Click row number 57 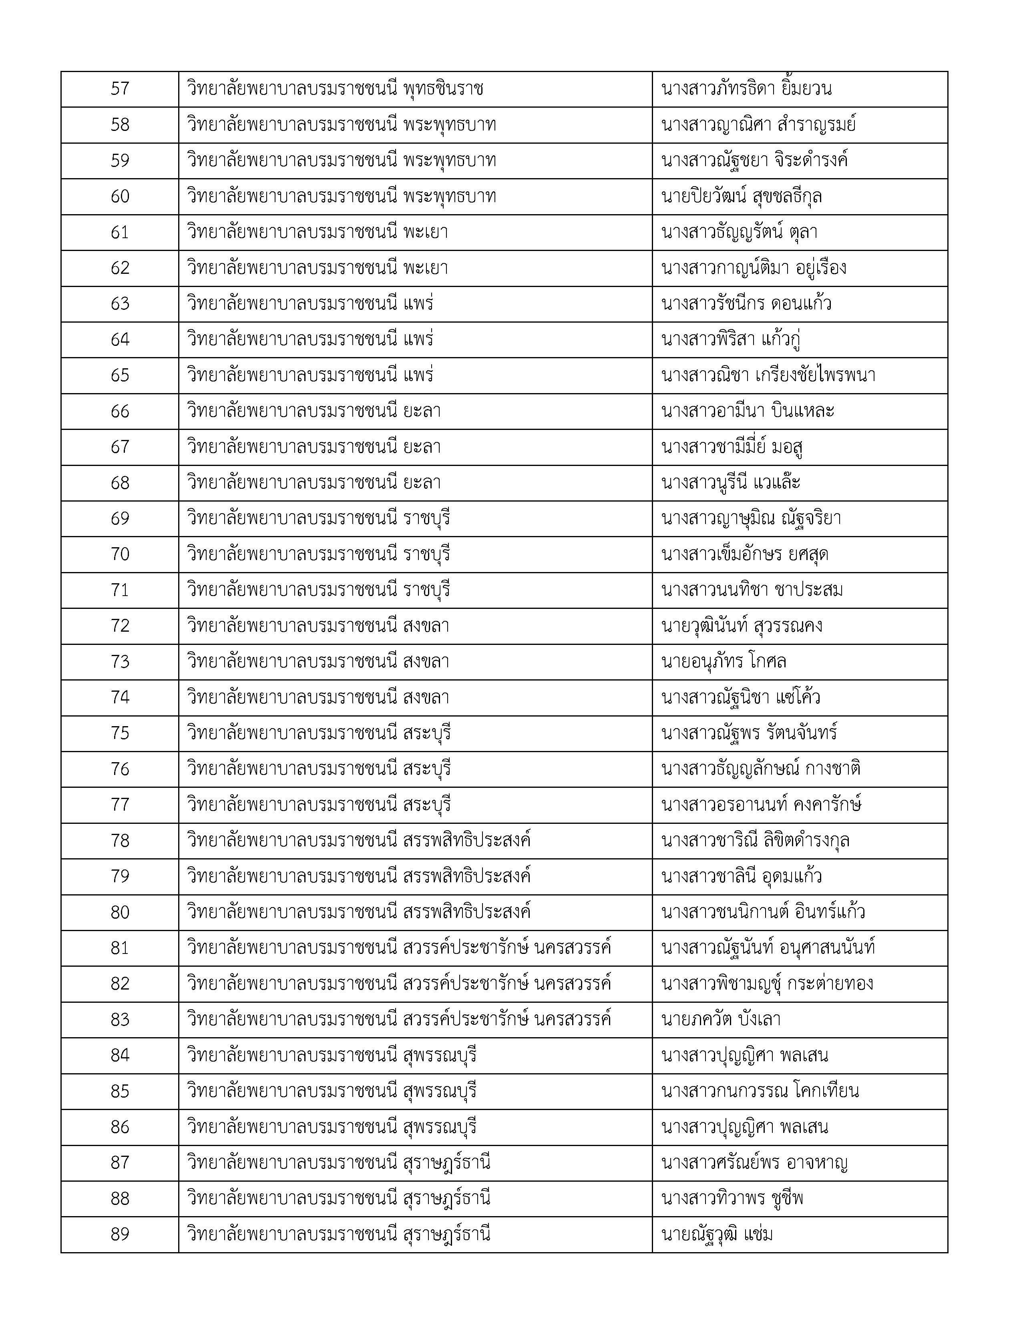pyautogui.click(x=120, y=89)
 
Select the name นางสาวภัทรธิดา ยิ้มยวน pyautogui.click(x=746, y=89)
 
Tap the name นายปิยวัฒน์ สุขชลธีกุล pyautogui.click(x=742, y=197)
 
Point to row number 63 pyautogui.click(x=120, y=304)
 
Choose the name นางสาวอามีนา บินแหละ pyautogui.click(x=748, y=411)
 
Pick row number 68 pyautogui.click(x=120, y=483)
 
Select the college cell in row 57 pyautogui.click(x=335, y=89)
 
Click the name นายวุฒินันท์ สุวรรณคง pyautogui.click(x=742, y=626)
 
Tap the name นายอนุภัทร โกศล pyautogui.click(x=724, y=662)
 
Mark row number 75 pyautogui.click(x=120, y=733)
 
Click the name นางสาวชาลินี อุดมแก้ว pyautogui.click(x=742, y=876)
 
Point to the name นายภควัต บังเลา pyautogui.click(x=721, y=1020)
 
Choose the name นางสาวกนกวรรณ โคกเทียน pyautogui.click(x=760, y=1091)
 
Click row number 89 pyautogui.click(x=120, y=1235)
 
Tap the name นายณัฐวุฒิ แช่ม pyautogui.click(x=717, y=1235)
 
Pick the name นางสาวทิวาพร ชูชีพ pyautogui.click(x=732, y=1199)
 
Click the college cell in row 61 pyautogui.click(x=318, y=232)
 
